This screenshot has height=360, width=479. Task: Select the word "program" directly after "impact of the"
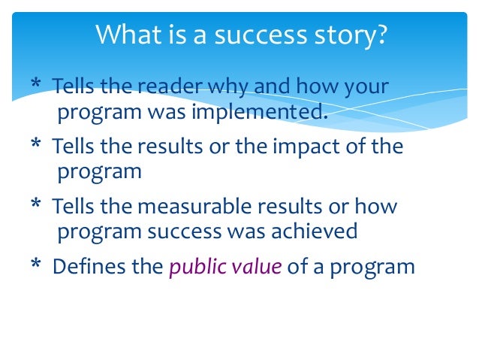point(99,172)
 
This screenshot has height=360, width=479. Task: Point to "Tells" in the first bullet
point(72,86)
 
